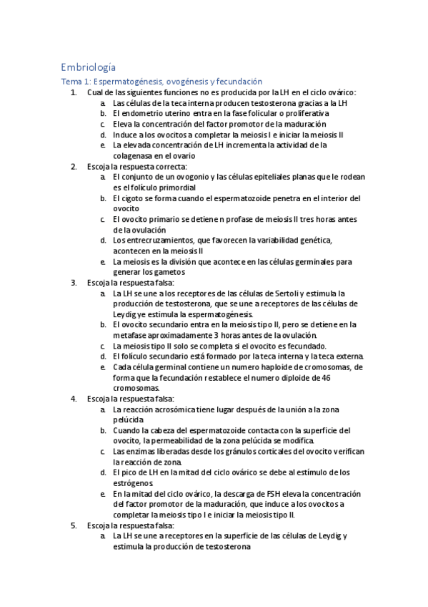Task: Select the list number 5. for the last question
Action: click(x=74, y=525)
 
